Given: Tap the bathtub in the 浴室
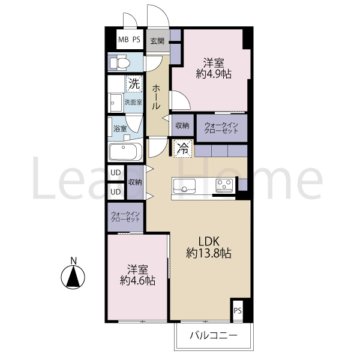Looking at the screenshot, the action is [125, 152].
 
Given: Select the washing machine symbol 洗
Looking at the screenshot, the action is [134, 84].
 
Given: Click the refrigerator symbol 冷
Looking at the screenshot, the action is [183, 149].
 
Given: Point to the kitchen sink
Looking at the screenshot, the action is [184, 186].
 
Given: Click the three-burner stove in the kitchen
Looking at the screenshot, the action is [224, 185].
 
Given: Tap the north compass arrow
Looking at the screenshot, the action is [73, 277].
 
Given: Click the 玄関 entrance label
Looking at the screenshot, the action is [157, 41].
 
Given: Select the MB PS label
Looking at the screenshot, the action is [129, 40].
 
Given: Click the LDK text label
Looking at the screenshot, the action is [208, 242].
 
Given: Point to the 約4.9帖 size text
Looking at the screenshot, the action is [214, 74].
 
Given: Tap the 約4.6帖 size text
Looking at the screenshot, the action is [137, 281].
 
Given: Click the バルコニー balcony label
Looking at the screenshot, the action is [214, 336].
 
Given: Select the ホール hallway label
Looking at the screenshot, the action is [157, 97].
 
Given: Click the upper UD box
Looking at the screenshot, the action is [116, 173].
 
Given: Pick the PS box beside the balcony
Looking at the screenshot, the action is [238, 311].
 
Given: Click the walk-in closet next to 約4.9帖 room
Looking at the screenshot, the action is [222, 128].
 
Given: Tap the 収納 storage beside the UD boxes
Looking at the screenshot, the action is [135, 182].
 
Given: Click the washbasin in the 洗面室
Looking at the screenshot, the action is [115, 103].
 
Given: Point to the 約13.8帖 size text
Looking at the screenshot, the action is [208, 253].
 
